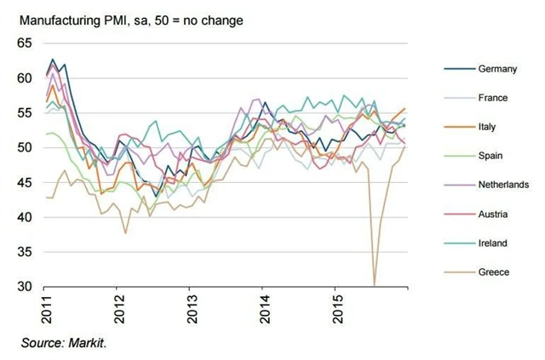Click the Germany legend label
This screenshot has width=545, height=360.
pos(497,69)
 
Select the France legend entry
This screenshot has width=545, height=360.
pos(493,98)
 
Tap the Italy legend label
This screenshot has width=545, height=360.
pos(487,127)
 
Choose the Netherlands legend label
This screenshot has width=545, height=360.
pos(504,185)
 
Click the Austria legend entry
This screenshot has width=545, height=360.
pos(493,214)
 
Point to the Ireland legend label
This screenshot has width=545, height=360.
pos(493,243)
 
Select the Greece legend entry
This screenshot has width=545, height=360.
pos(494,271)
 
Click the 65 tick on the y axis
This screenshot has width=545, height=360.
pos(24,43)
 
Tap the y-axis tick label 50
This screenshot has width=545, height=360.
pos(24,147)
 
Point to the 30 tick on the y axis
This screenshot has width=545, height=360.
pos(24,287)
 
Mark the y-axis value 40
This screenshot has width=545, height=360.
pos(24,217)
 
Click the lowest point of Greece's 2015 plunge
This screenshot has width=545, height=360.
pos(375,285)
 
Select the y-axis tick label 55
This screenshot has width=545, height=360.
pos(24,112)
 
